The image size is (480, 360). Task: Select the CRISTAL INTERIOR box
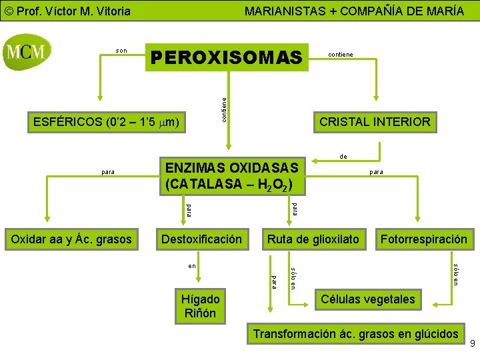tap(375, 122)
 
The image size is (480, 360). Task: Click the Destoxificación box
tap(202, 239)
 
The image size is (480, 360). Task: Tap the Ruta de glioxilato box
tap(313, 239)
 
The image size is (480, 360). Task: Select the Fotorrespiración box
tap(423, 239)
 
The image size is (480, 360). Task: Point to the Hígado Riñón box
tap(200, 306)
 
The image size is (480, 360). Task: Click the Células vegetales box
tap(367, 299)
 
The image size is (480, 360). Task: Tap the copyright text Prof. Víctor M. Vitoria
tap(67, 11)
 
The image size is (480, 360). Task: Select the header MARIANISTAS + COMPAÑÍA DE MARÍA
tap(354, 11)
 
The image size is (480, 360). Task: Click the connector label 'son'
tap(121, 51)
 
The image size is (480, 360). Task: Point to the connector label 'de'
tap(343, 157)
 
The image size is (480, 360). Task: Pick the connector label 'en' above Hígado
tap(192, 266)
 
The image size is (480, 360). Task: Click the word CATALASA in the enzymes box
tap(200, 183)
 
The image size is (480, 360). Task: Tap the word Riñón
tap(200, 313)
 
